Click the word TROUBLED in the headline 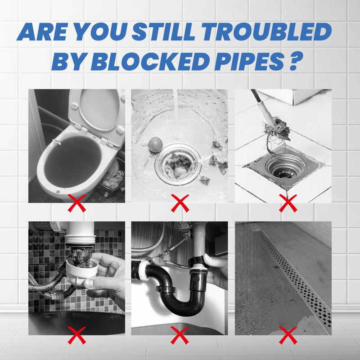[266, 32]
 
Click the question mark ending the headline [295, 62]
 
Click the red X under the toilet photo [76, 203]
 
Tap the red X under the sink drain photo [180, 203]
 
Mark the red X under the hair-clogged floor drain [288, 203]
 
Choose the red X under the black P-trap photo [180, 335]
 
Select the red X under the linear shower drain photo [288, 335]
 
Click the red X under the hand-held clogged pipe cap [76, 335]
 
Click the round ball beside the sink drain [155, 144]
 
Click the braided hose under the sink [46, 287]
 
